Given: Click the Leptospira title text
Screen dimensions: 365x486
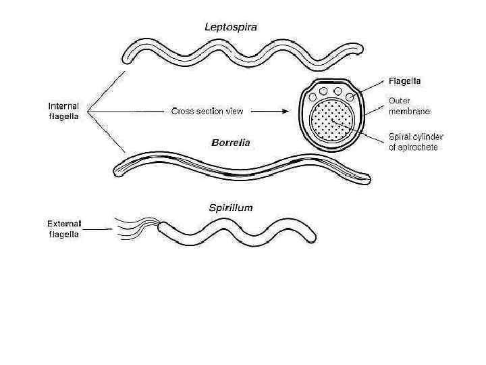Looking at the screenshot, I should point(231,27).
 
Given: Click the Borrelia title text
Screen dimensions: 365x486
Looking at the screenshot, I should point(231,143).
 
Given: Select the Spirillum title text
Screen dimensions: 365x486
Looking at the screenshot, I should point(231,208).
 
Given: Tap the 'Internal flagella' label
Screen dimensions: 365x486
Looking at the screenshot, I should point(63,111).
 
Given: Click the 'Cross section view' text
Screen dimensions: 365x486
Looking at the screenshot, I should point(207,111).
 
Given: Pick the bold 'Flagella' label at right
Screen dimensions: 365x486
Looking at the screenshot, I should point(404,80).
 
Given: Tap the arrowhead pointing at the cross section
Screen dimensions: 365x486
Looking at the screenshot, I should point(288,112).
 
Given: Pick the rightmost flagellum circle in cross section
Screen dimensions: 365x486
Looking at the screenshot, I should point(350,97).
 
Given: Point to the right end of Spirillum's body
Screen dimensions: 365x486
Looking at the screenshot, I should point(311,235).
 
